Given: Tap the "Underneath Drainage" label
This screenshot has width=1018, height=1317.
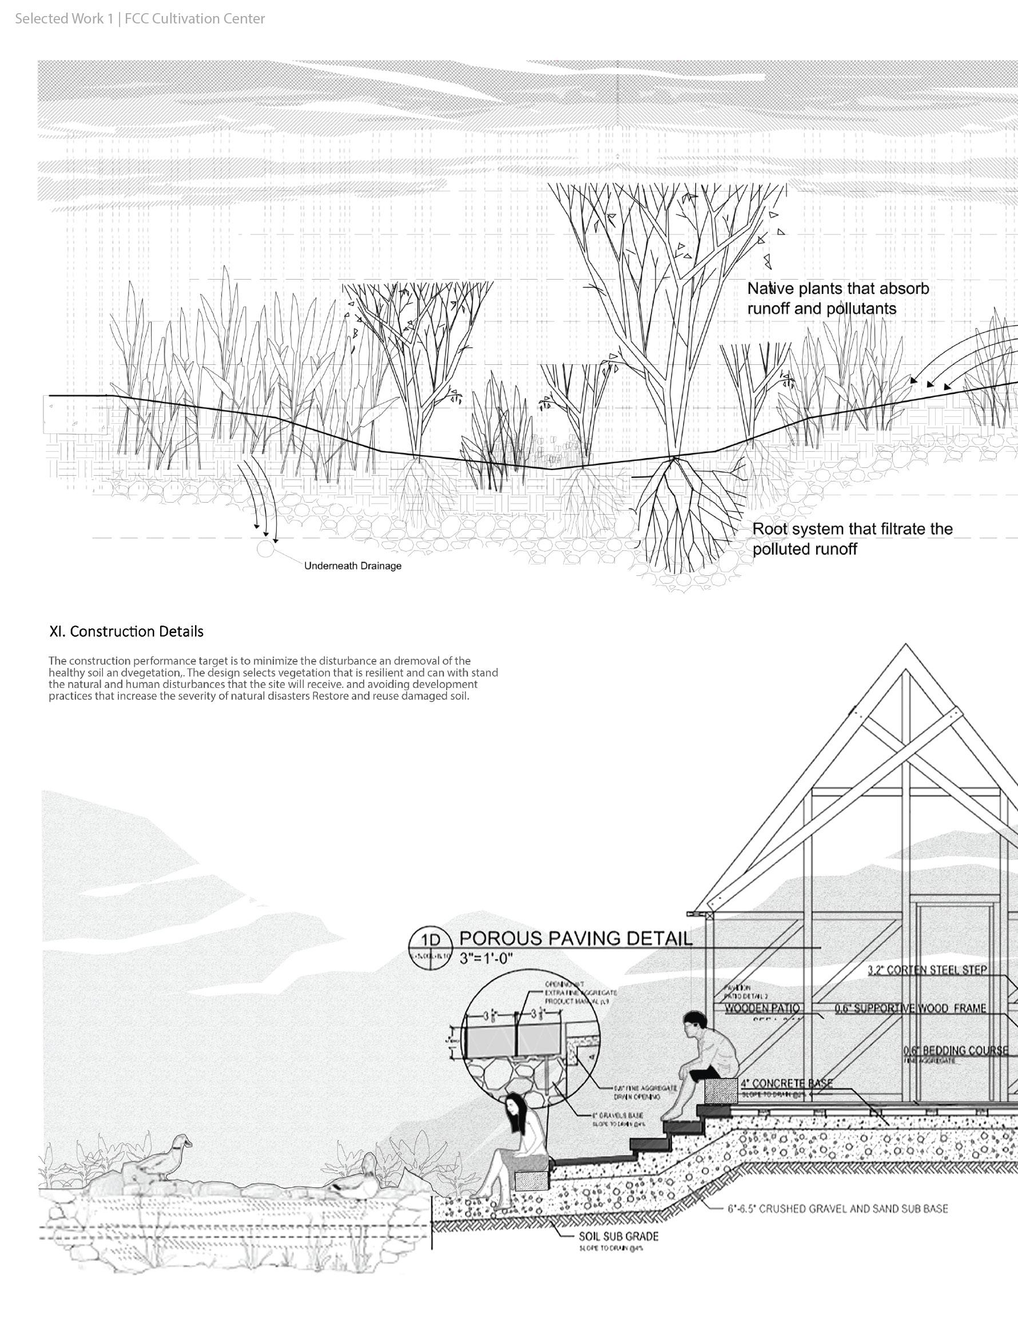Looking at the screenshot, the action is pos(352,566).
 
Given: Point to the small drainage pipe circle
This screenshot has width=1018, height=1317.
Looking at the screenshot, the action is pos(265,549).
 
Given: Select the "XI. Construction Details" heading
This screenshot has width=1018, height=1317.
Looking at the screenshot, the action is pos(126,631).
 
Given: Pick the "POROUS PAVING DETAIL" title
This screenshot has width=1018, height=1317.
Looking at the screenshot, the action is pos(576,938).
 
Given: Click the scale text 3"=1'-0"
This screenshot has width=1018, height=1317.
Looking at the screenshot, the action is pos(486,958).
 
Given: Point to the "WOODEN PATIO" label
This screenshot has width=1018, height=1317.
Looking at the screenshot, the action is pos(762,1008).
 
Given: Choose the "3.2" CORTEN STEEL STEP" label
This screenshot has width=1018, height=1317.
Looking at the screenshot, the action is pos(928,970).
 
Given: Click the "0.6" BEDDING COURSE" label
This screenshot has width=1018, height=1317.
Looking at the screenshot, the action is pos(955,1051).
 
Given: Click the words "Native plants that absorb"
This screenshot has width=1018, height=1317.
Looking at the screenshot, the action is pos(838,288).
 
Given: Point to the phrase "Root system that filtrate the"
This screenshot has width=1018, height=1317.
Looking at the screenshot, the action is pos(852,529).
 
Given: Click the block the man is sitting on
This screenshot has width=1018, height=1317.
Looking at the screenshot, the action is pos(722,1091).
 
